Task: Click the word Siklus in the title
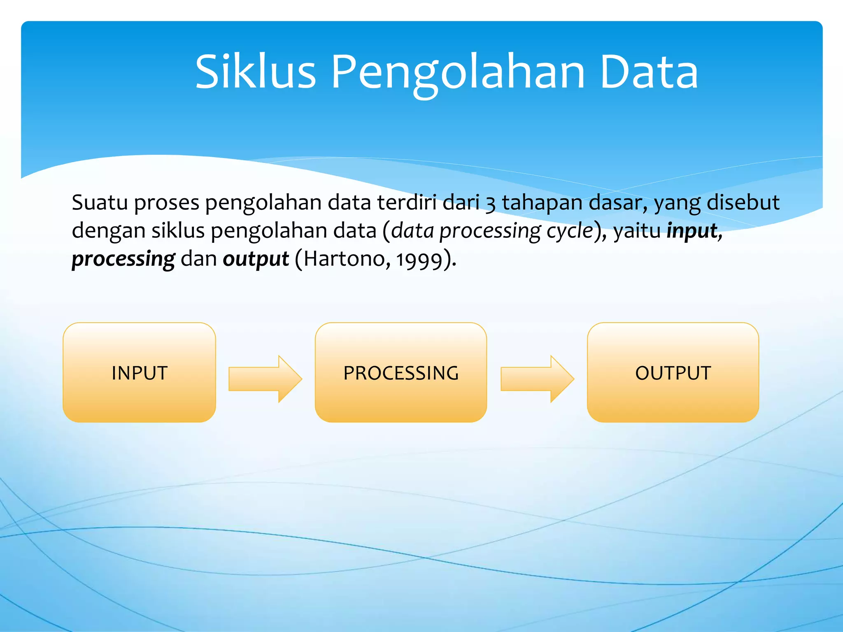[x=255, y=72]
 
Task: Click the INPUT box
[x=139, y=373]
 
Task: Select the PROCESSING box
[x=401, y=373]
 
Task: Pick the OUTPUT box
[x=673, y=373]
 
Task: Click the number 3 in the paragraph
[x=490, y=204]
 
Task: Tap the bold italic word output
[x=256, y=259]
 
